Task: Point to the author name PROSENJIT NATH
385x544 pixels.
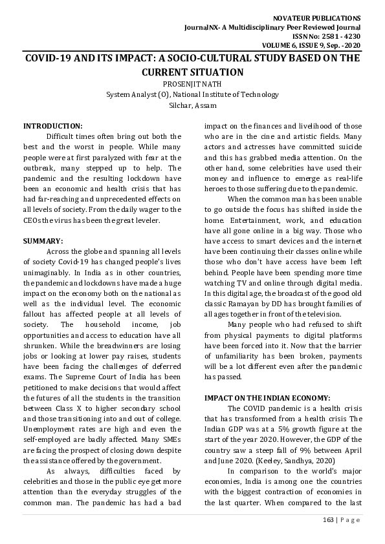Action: (192, 83)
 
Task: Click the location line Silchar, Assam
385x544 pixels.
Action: (192, 105)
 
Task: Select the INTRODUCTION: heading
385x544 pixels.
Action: (52, 125)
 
